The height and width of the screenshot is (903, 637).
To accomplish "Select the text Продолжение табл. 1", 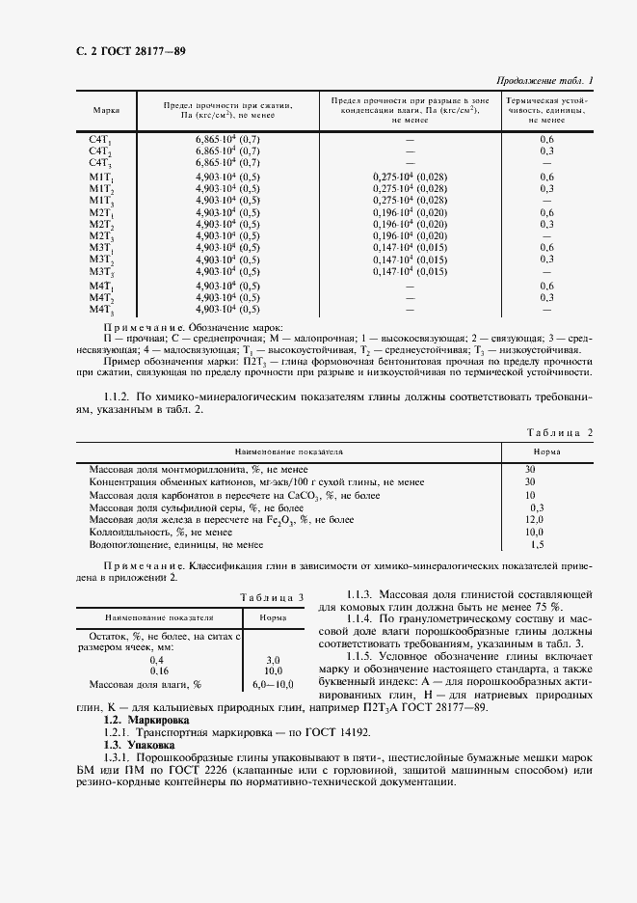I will click(544, 80).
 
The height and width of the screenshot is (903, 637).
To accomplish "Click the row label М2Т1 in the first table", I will click(101, 212).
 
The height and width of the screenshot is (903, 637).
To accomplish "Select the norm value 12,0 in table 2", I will click(535, 519).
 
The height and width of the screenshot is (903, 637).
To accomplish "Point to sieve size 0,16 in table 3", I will click(158, 670).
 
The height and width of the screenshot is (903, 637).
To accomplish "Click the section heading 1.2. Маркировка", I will click(146, 720).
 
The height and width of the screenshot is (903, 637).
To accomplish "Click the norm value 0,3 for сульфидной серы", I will click(537, 506).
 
